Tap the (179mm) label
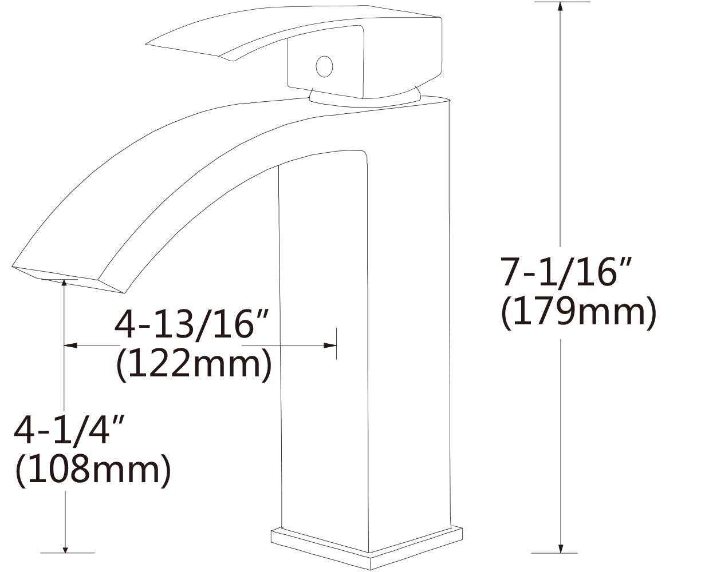point(578,313)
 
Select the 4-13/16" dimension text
point(192,325)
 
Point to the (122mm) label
point(194,365)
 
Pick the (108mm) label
point(92,471)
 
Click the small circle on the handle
point(324,66)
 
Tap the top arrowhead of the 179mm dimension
point(561,7)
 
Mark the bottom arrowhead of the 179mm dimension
point(561,547)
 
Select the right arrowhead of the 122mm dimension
point(330,345)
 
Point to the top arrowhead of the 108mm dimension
point(65,283)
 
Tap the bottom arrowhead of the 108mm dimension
point(66,548)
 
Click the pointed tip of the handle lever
point(150,42)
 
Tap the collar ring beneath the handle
point(367,99)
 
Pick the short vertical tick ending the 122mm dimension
point(337,344)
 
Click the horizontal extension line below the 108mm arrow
point(68,553)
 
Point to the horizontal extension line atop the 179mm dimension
point(561,2)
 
